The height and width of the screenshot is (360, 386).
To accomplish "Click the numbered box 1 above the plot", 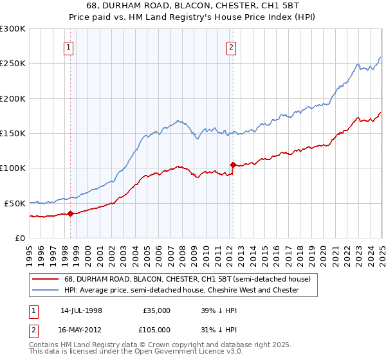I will pyautogui.click(x=68, y=46).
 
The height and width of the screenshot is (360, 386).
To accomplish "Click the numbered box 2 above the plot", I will pyautogui.click(x=231, y=46).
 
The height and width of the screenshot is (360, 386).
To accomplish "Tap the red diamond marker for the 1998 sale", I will pyautogui.click(x=70, y=213).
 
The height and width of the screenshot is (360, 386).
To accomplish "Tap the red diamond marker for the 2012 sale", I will pyautogui.click(x=233, y=164).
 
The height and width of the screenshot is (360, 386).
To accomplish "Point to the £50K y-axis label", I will pyautogui.click(x=14, y=203).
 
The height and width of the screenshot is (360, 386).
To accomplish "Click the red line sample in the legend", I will pyautogui.click(x=45, y=279).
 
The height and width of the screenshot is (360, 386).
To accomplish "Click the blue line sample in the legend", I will pyautogui.click(x=45, y=290).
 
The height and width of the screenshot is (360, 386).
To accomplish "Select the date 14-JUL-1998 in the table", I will pyautogui.click(x=81, y=310).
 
